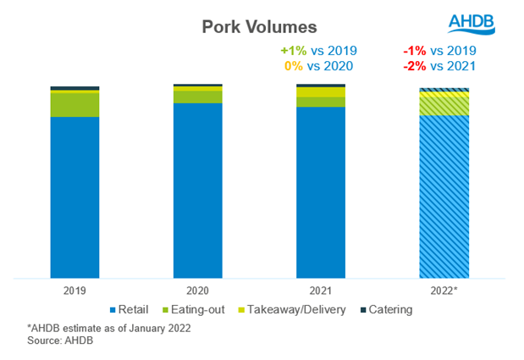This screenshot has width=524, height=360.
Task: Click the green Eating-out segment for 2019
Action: coord(74,103)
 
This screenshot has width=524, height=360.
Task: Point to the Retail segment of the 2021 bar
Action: coord(321,191)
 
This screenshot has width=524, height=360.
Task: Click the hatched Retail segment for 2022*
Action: coord(444,196)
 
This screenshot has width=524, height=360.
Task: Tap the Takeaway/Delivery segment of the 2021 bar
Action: coord(321,92)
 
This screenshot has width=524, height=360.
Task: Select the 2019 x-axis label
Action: coord(74,290)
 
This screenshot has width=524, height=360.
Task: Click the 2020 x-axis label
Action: coord(197,290)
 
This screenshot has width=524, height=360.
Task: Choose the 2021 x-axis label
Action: coord(321,290)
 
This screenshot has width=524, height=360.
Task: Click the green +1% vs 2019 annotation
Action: coord(318,50)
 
